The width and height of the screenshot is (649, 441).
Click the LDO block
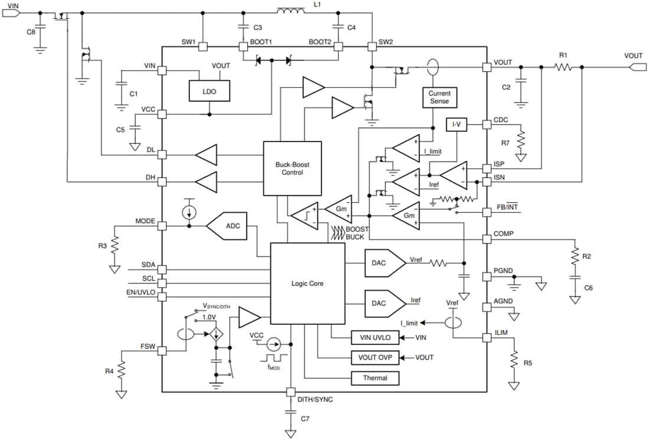tap(209, 91)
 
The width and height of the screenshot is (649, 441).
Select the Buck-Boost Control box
tap(292, 169)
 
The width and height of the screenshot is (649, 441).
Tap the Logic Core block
tap(307, 284)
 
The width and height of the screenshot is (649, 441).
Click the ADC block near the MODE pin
tap(227, 226)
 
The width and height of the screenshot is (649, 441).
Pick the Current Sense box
tap(439, 97)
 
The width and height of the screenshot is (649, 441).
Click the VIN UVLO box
tap(375, 338)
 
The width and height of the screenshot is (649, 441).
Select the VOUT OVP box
tap(375, 357)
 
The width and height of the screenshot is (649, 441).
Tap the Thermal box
tap(375, 378)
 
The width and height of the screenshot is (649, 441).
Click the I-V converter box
tap(456, 125)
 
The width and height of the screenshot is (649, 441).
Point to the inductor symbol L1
tap(290, 12)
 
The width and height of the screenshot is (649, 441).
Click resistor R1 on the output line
tap(563, 68)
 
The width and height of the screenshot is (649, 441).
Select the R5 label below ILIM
tap(527, 363)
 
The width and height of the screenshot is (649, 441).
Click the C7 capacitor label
tap(305, 419)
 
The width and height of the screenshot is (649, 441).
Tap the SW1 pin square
tap(202, 47)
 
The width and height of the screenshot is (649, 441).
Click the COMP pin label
tap(503, 233)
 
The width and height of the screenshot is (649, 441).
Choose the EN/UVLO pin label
tap(142, 292)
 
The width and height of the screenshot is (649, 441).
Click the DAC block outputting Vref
tap(382, 262)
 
